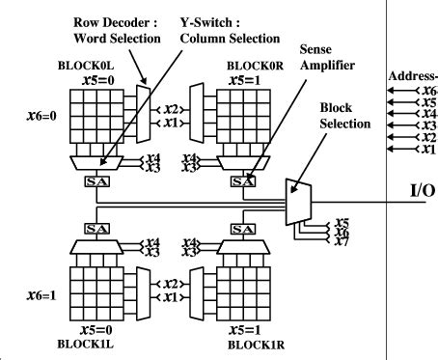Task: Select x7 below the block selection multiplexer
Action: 341,239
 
